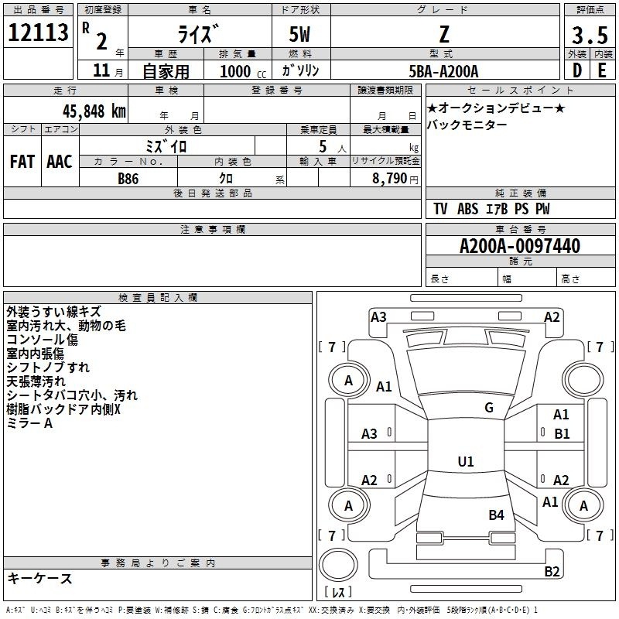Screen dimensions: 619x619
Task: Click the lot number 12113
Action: [x=38, y=32]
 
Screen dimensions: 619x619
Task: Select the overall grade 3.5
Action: [x=590, y=35]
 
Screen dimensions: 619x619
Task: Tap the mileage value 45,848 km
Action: [x=94, y=111]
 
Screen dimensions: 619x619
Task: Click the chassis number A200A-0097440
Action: [x=520, y=246]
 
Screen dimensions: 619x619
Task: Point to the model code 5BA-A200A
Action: [x=443, y=71]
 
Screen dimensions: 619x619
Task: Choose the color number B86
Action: [x=128, y=179]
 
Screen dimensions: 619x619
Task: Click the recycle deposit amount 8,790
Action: [x=390, y=178]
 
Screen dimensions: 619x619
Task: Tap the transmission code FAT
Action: [x=22, y=162]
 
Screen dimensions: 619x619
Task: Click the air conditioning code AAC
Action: [x=60, y=162]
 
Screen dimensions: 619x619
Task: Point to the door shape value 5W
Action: [x=299, y=34]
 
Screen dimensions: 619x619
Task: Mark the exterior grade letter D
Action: [x=577, y=70]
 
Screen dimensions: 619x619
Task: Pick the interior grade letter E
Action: [x=602, y=70]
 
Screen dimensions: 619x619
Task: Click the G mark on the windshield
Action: [x=489, y=408]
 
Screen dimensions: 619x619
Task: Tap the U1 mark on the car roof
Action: [x=466, y=461]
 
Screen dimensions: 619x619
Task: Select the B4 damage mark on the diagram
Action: [x=496, y=515]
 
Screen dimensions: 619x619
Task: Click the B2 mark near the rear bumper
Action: [x=552, y=572]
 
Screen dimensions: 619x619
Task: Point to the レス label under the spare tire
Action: [x=338, y=592]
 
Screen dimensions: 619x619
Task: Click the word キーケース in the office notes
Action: [x=40, y=579]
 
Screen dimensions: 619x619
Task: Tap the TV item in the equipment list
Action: [x=440, y=209]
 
